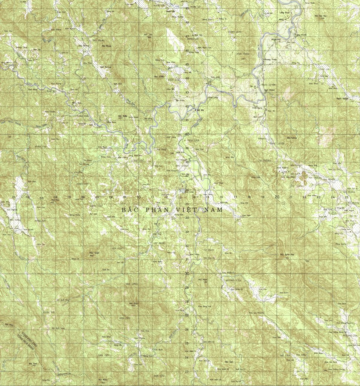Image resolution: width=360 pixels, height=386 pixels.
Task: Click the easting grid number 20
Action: (x=277, y=197)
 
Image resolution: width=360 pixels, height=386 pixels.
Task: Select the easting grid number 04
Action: (x=55, y=197)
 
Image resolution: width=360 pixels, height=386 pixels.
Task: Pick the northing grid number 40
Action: (x=187, y=134)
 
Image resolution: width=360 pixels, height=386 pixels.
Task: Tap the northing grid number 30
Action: (x=187, y=274)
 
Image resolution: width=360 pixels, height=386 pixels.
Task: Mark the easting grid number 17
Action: (x=235, y=197)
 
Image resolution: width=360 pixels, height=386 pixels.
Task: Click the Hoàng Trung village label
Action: (x=269, y=60)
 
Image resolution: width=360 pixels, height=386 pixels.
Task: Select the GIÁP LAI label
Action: (x=325, y=69)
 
